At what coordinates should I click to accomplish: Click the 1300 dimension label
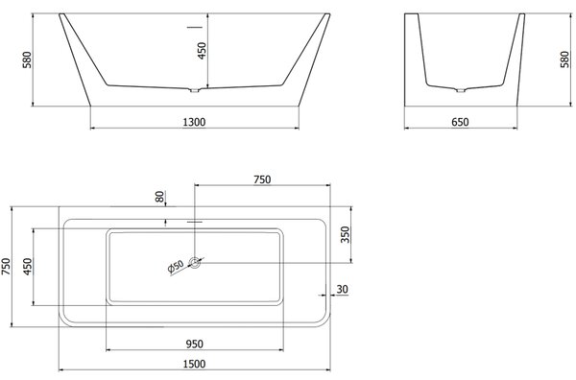pos(194,122)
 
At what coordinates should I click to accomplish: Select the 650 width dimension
pos(460,122)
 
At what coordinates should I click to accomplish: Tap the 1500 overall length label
pos(194,364)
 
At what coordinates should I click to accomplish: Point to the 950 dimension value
pos(194,344)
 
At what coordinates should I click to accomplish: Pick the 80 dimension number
pos(160,197)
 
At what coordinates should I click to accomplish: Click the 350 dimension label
pos(346,234)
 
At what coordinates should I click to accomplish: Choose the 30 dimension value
pos(342,289)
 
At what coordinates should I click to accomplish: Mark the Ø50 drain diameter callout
pos(176,267)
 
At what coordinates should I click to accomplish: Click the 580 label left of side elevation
pos(28,59)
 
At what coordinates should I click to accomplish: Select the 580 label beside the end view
pos(565,59)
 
